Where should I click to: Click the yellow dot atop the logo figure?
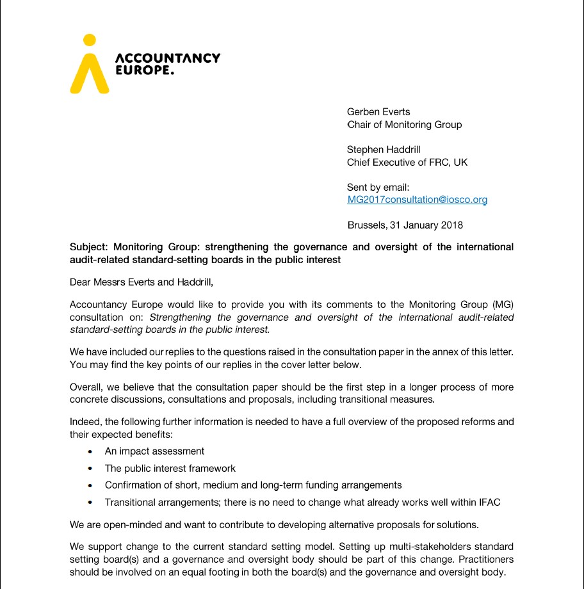[90, 40]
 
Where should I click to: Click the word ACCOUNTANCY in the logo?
[167, 58]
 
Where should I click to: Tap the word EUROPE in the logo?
[143, 70]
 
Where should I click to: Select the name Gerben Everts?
[378, 112]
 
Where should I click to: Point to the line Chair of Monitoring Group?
[404, 125]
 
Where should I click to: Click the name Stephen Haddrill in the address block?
[384, 150]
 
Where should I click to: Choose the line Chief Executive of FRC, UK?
[407, 163]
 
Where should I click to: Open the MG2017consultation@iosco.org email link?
[417, 200]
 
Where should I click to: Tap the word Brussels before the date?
[366, 225]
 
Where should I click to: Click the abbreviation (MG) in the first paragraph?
[502, 305]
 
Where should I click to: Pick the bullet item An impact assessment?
[154, 451]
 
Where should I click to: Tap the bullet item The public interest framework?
[170, 469]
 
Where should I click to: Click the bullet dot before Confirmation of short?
[90, 486]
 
